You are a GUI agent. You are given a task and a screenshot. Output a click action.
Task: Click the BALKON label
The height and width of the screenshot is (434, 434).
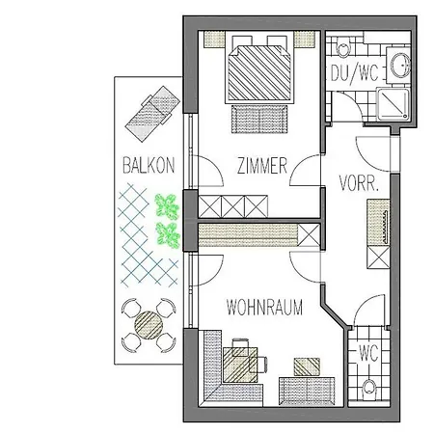click(149, 165)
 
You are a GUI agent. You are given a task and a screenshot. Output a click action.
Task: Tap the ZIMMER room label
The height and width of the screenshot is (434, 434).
click(262, 166)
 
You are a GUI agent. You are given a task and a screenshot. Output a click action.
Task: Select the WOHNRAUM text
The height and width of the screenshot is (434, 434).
click(264, 307)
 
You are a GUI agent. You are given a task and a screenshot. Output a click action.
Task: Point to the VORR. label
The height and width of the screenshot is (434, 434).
click(359, 182)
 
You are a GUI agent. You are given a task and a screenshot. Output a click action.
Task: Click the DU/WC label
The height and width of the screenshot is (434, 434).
click(355, 73)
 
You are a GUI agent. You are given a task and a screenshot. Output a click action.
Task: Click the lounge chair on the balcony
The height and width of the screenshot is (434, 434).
click(152, 114)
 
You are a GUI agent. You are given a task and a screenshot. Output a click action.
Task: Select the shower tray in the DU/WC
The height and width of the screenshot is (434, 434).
click(393, 104)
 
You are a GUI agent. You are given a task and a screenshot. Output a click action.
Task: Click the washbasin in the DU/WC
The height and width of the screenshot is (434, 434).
click(400, 66)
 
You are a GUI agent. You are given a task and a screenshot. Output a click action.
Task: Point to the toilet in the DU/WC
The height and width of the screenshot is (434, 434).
click(342, 47)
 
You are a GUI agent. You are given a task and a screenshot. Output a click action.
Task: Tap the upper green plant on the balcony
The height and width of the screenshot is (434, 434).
click(167, 207)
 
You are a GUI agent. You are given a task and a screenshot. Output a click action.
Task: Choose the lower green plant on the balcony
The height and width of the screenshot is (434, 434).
click(168, 235)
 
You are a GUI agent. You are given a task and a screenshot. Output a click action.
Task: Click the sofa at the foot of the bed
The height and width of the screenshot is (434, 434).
click(259, 119)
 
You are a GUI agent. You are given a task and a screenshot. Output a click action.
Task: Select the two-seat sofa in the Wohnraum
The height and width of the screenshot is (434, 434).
click(307, 392)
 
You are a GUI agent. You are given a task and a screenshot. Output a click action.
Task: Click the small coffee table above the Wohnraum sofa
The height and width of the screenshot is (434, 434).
click(307, 366)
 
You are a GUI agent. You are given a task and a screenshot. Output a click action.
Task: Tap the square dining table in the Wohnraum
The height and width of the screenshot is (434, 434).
click(240, 365)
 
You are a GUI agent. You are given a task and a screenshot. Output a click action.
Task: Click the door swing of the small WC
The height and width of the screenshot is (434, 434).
click(369, 311)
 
